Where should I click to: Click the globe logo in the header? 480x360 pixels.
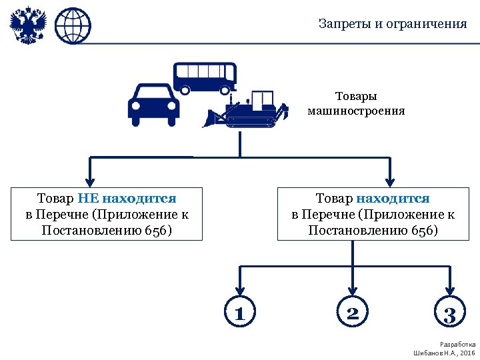[72, 26]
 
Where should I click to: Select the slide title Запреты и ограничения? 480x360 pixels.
[393, 24]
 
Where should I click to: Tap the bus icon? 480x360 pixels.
[205, 78]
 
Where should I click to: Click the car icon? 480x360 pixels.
[153, 105]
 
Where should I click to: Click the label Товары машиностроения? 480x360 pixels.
[356, 103]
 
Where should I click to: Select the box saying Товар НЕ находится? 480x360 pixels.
[107, 214]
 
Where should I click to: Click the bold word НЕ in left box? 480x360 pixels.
[88, 198]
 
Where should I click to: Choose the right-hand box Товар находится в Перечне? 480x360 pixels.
[373, 214]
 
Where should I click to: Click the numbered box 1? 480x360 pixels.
[239, 313]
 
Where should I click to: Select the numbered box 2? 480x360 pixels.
[353, 313]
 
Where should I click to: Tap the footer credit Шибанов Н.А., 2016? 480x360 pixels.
[445, 352]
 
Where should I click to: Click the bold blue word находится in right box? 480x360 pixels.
[393, 198]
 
